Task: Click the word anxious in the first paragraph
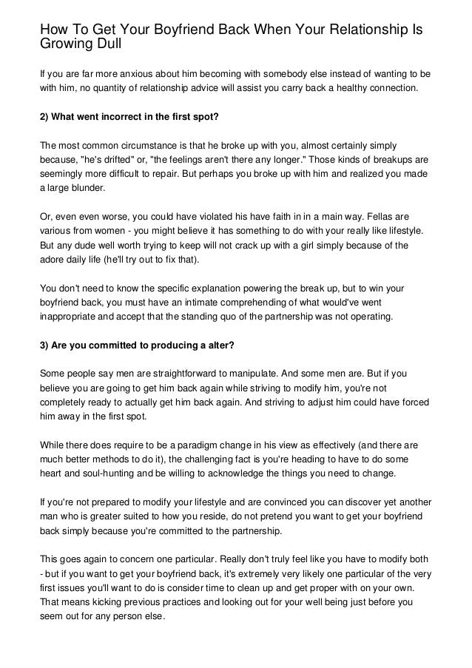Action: point(134,75)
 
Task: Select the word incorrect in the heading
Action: point(133,119)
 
